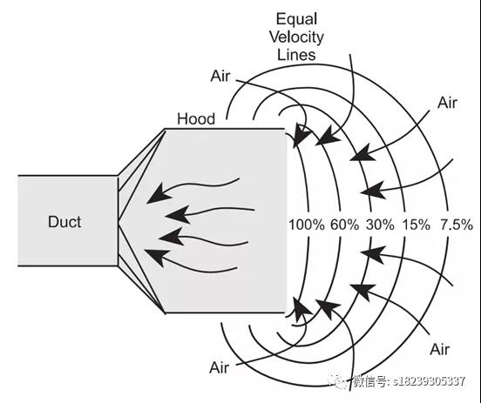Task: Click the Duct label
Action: (64, 222)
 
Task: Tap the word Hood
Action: (196, 119)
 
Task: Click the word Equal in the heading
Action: (296, 19)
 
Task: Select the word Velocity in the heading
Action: (296, 37)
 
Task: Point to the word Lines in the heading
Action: (296, 55)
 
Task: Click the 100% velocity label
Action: (307, 225)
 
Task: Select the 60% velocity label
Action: (344, 225)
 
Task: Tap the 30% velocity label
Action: (380, 225)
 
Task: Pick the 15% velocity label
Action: (417, 225)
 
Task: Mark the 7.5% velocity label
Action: (457, 225)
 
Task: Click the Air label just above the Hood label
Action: (220, 76)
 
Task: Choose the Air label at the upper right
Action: (447, 103)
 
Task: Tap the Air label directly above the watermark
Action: (440, 349)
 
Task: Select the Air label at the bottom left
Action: (219, 367)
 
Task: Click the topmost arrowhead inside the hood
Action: (158, 194)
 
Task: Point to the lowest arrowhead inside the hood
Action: (156, 257)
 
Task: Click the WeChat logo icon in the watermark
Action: (338, 381)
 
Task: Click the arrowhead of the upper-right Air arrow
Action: (362, 153)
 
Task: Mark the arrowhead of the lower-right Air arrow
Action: (362, 291)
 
